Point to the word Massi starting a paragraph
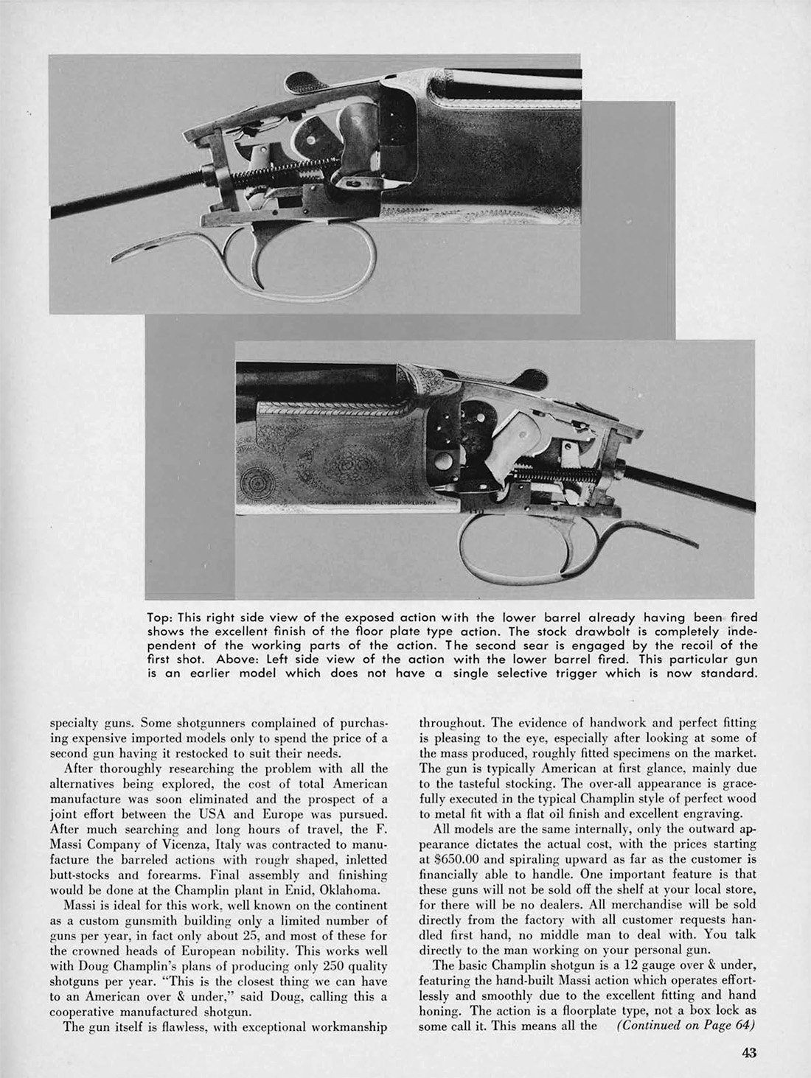point(80,906)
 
